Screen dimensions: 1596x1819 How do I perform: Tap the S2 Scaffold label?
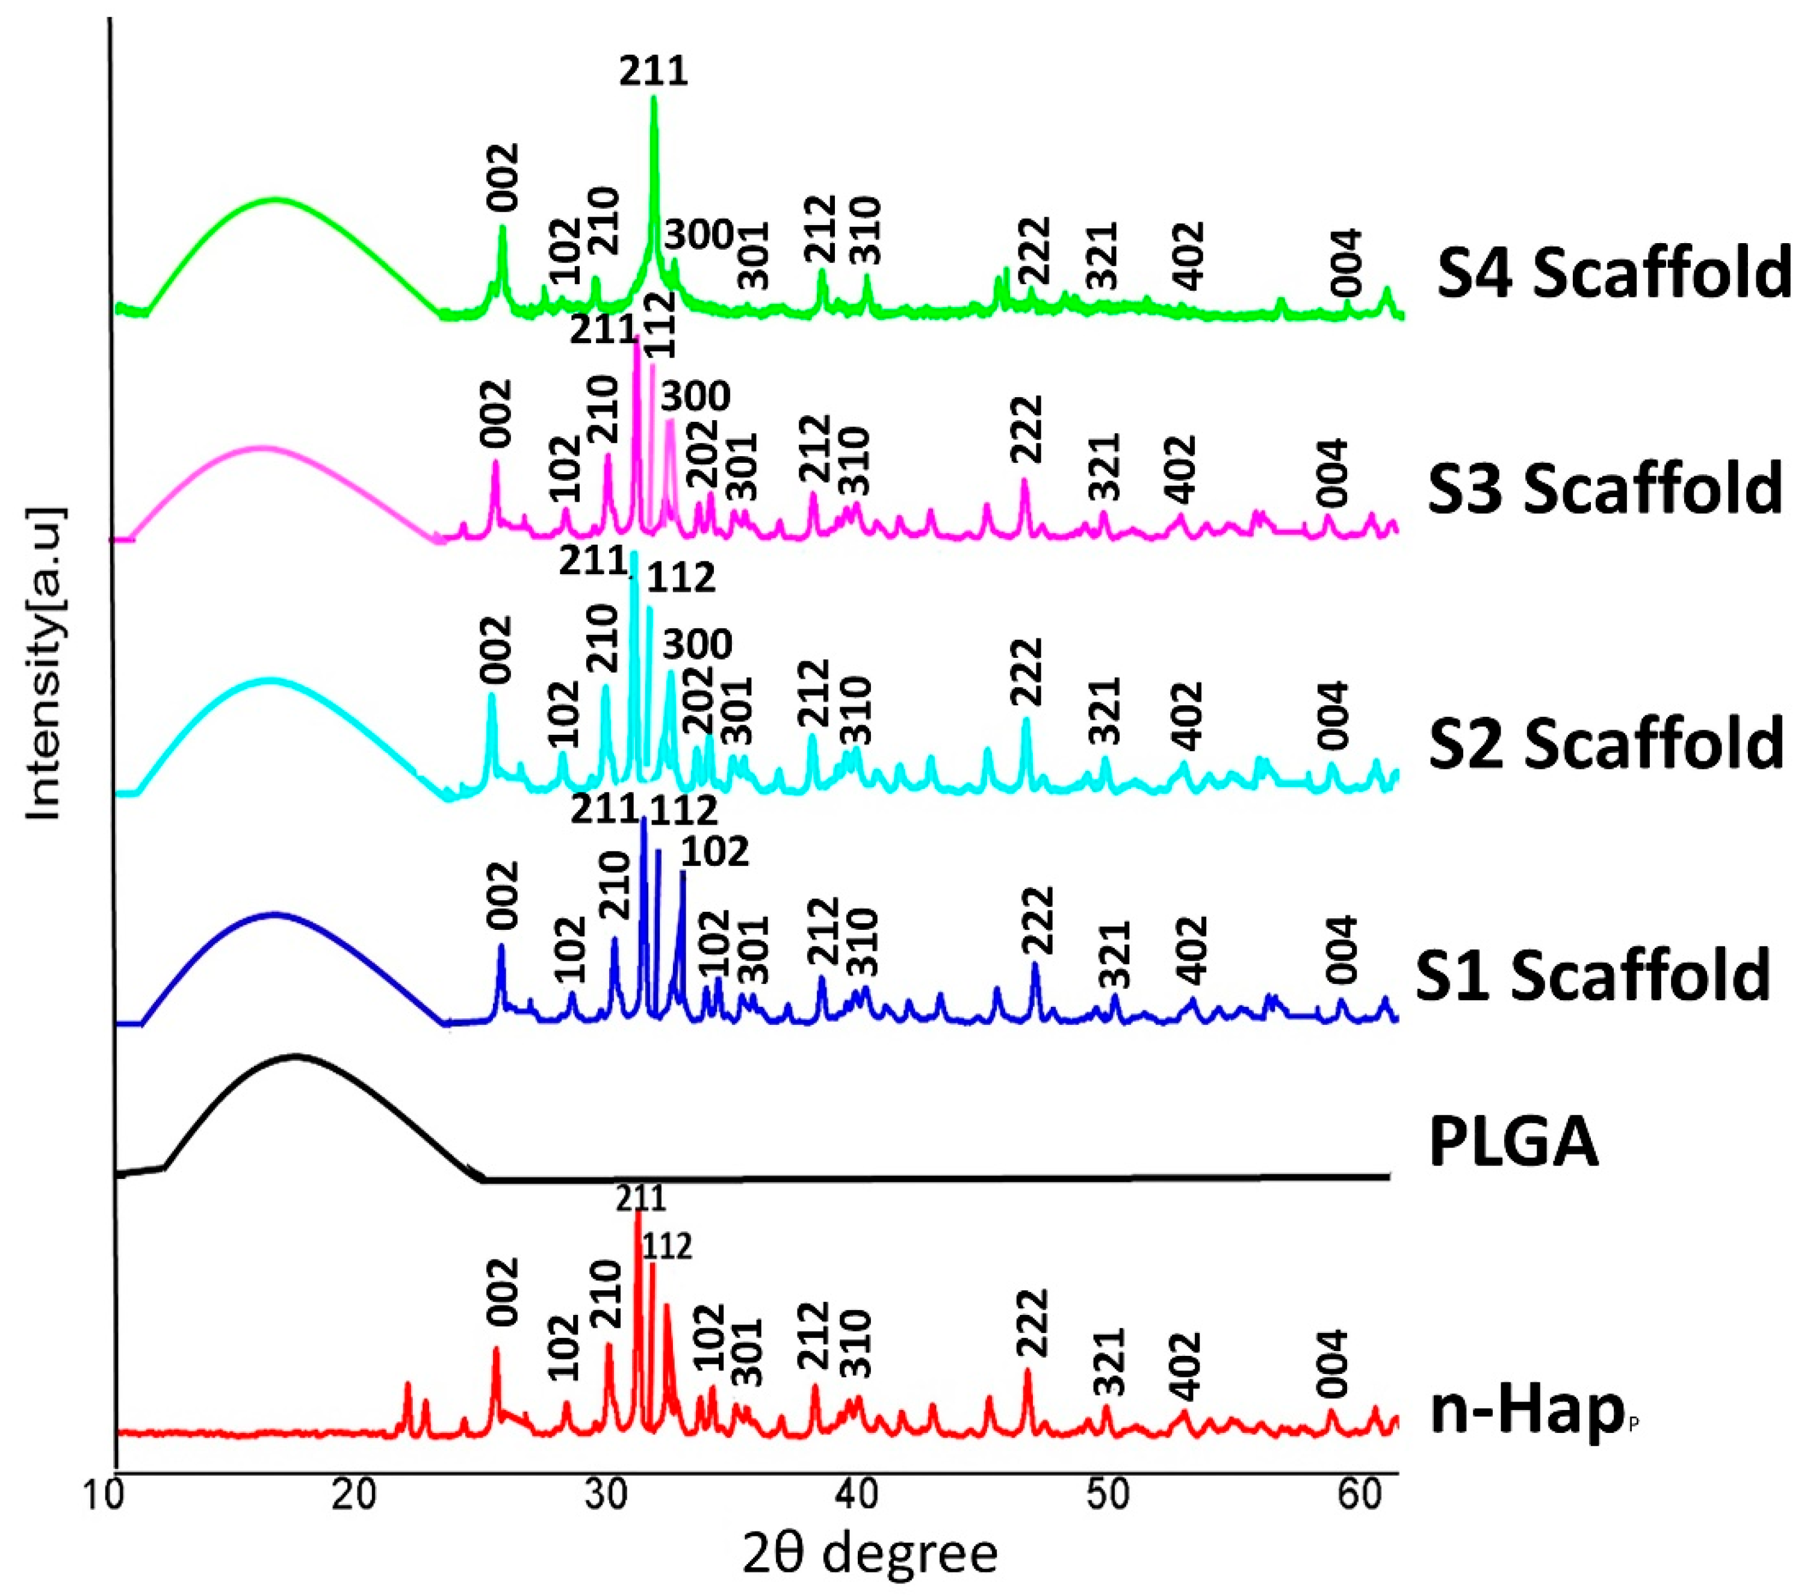point(1605,742)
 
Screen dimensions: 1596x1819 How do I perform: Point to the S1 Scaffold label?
point(1593,975)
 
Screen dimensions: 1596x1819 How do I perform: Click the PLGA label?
point(1513,1143)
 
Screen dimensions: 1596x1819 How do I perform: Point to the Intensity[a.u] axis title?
point(45,663)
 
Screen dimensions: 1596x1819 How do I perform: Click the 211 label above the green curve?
point(654,71)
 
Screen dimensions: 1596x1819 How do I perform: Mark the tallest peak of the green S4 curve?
point(654,99)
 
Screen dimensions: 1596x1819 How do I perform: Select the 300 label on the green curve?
point(699,236)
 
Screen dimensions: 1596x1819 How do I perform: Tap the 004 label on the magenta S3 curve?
point(1333,472)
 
